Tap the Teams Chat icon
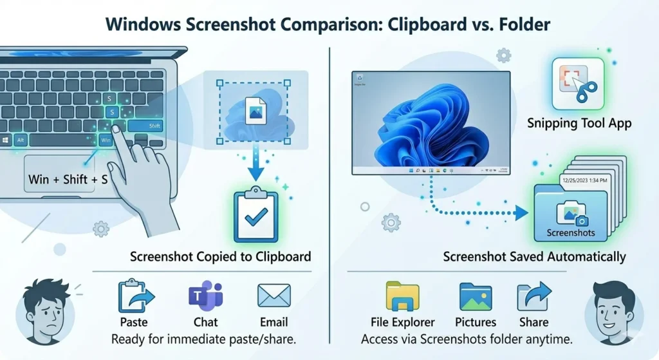[x=205, y=296]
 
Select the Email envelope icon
[x=274, y=296]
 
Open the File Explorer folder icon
[x=402, y=296]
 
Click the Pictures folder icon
[x=476, y=296]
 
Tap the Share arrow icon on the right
[x=534, y=296]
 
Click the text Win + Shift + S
[x=68, y=180]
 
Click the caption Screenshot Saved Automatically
[x=534, y=257]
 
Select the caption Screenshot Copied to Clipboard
[x=220, y=256]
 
